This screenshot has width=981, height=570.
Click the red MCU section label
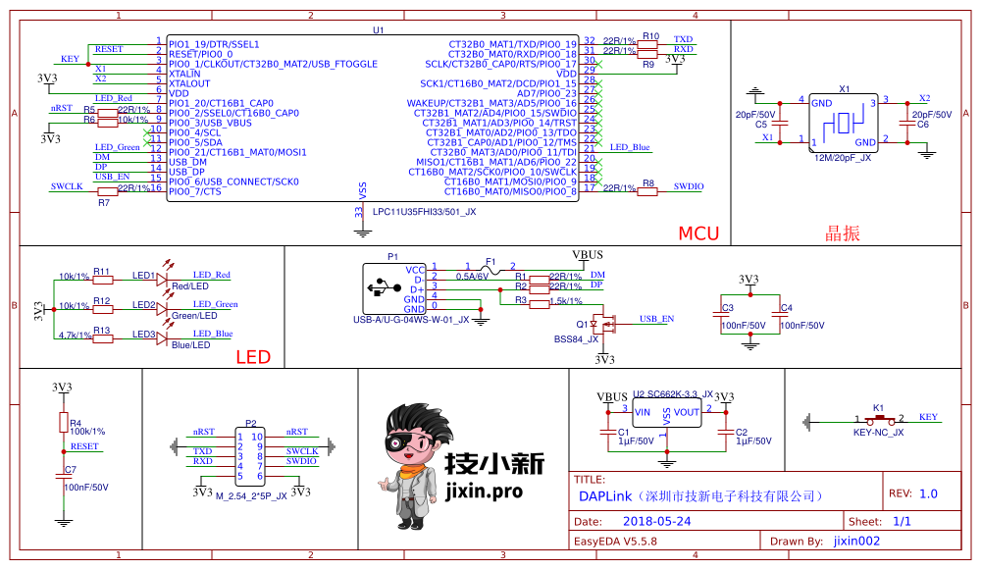click(698, 233)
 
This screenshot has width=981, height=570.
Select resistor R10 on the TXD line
click(648, 44)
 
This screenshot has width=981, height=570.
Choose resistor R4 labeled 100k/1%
click(63, 423)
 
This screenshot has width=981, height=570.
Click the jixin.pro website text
click(484, 492)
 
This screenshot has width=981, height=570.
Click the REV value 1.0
click(927, 493)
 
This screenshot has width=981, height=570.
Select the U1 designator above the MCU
click(378, 30)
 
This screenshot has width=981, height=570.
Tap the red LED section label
click(253, 357)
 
